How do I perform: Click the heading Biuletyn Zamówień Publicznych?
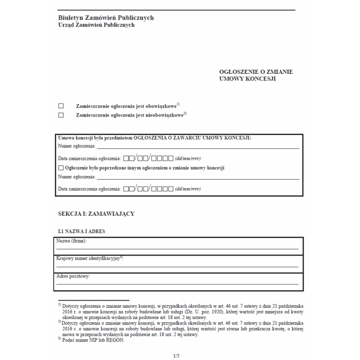pos(106,18)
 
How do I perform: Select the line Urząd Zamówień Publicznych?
pos(96,25)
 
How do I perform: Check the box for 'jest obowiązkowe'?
pos(61,106)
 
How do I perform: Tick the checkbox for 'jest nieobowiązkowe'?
pos(61,115)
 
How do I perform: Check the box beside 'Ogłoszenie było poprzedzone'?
pos(61,168)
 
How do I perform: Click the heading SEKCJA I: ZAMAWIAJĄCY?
pos(96,214)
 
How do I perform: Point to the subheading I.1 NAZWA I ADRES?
pos(82,231)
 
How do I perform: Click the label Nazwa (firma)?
pos(71,241)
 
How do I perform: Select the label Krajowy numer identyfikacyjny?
pos(88,259)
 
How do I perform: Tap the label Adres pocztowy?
pos(73,276)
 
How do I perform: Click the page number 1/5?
pos(176,356)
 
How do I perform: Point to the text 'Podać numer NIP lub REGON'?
pos(93,340)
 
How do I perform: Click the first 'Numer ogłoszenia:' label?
pos(76,146)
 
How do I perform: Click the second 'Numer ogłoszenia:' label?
pos(76,177)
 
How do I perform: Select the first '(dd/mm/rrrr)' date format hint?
pos(187,158)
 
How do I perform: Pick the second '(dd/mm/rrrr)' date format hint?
pos(187,189)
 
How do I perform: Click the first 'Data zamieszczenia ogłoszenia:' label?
pos(90,158)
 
